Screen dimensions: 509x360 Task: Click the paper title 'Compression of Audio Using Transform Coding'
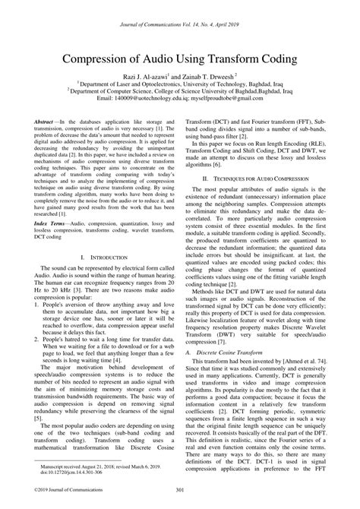point(179,58)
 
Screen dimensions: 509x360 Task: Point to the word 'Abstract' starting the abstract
point(49,121)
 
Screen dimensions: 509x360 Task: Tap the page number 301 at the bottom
point(180,498)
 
